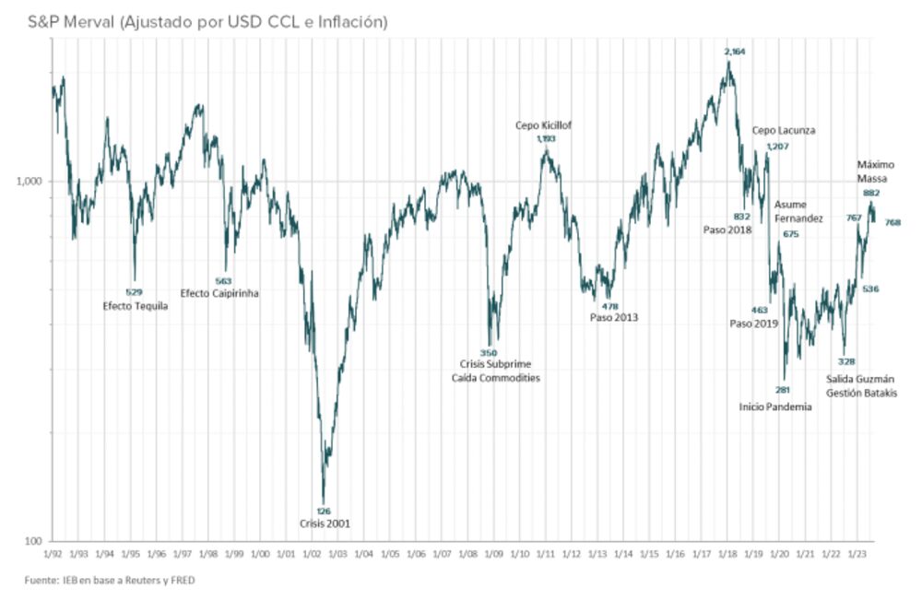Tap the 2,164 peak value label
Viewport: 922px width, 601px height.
(735, 51)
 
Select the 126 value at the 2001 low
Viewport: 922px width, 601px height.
(323, 511)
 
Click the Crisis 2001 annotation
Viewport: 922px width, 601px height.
(325, 524)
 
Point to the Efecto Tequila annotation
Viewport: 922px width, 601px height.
(135, 305)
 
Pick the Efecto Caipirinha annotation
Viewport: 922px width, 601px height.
(219, 293)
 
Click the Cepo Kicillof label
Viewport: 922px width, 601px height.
(544, 125)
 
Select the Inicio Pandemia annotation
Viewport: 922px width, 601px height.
(775, 407)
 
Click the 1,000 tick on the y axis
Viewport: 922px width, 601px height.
(31, 181)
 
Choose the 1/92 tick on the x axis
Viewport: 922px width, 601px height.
(53, 555)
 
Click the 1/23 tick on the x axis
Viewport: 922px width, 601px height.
(857, 555)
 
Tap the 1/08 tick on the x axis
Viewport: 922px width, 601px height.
(467, 555)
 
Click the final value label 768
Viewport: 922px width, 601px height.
(892, 222)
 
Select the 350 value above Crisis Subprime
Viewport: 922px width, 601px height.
(489, 352)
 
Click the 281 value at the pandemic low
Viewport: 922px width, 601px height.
(783, 390)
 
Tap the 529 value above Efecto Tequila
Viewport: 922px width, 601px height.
(134, 292)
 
